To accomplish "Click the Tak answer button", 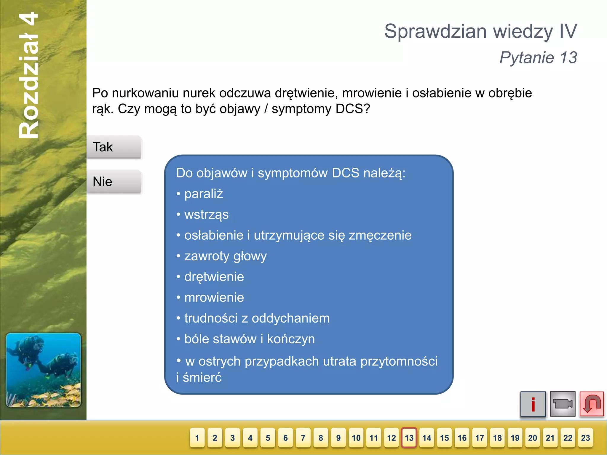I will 114,147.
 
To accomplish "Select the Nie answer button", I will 114,182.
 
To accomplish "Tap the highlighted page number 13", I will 409,438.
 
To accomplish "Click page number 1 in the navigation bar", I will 197,438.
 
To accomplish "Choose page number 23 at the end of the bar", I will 585,438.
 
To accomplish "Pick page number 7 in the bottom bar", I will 303,438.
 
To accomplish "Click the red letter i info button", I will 533,404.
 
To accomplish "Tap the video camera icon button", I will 563,404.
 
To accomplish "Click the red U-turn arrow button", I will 592,404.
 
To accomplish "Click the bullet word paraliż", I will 204,194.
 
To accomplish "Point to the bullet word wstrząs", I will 206,215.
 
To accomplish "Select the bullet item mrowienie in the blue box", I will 214,297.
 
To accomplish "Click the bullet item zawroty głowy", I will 225,256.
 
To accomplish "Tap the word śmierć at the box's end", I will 202,378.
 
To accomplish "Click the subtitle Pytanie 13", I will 538,57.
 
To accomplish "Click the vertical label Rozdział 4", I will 28,76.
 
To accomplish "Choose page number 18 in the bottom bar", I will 497,438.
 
